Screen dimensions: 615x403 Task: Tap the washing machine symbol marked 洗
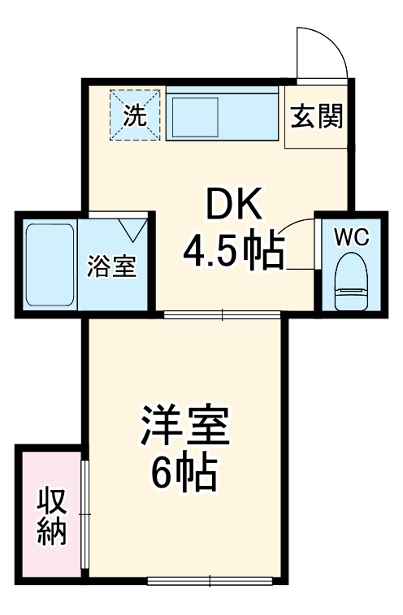click(x=136, y=115)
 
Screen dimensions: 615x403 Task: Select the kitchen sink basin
click(x=195, y=116)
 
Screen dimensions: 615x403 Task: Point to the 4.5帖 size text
click(x=233, y=251)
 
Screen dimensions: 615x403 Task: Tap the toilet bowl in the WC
click(x=352, y=276)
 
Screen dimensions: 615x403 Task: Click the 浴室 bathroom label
click(x=112, y=266)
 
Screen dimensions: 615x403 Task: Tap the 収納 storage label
click(x=50, y=517)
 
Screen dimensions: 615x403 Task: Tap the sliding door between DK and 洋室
click(x=223, y=314)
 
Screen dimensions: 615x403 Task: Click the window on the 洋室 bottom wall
click(x=209, y=580)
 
